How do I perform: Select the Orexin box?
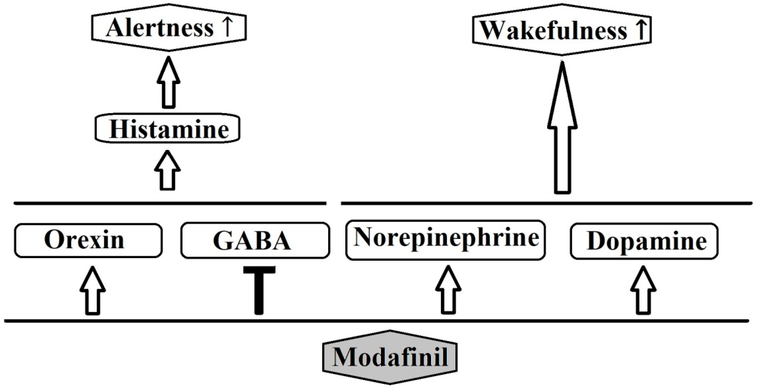point(88,240)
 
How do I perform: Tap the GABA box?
point(255,240)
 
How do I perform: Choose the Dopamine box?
point(644,241)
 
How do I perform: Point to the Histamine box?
point(168,129)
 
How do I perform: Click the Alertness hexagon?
point(168,27)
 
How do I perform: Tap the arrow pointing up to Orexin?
point(93,291)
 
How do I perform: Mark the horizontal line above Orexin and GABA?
point(170,203)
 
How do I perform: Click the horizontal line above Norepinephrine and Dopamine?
point(546,203)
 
